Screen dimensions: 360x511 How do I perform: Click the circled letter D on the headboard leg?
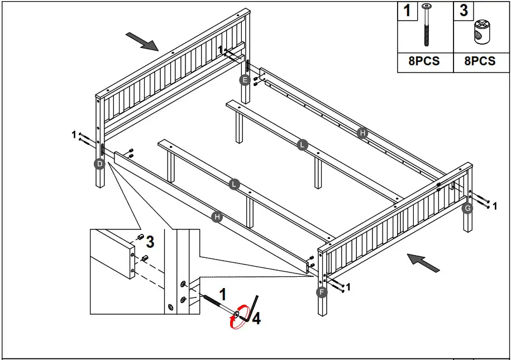pyautogui.click(x=99, y=164)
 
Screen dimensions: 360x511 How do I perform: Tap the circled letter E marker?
pyautogui.click(x=244, y=80)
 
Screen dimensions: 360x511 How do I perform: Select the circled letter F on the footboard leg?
pyautogui.click(x=322, y=292)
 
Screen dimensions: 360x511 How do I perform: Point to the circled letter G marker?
pyautogui.click(x=468, y=208)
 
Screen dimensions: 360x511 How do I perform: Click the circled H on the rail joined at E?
pyautogui.click(x=362, y=133)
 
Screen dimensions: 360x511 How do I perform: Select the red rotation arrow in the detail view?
pyautogui.click(x=238, y=318)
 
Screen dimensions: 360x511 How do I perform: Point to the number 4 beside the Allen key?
pyautogui.click(x=256, y=319)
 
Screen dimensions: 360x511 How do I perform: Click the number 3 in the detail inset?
pyautogui.click(x=150, y=242)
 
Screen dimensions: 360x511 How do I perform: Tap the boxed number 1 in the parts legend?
pyautogui.click(x=408, y=11)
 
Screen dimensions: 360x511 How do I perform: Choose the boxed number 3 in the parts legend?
pyautogui.click(x=464, y=11)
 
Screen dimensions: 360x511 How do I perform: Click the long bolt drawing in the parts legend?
pyautogui.click(x=427, y=26)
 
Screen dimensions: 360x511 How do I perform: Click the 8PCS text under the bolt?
pyautogui.click(x=424, y=61)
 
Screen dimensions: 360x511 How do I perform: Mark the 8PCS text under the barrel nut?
pyautogui.click(x=480, y=61)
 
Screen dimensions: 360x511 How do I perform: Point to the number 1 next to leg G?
pyautogui.click(x=494, y=207)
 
